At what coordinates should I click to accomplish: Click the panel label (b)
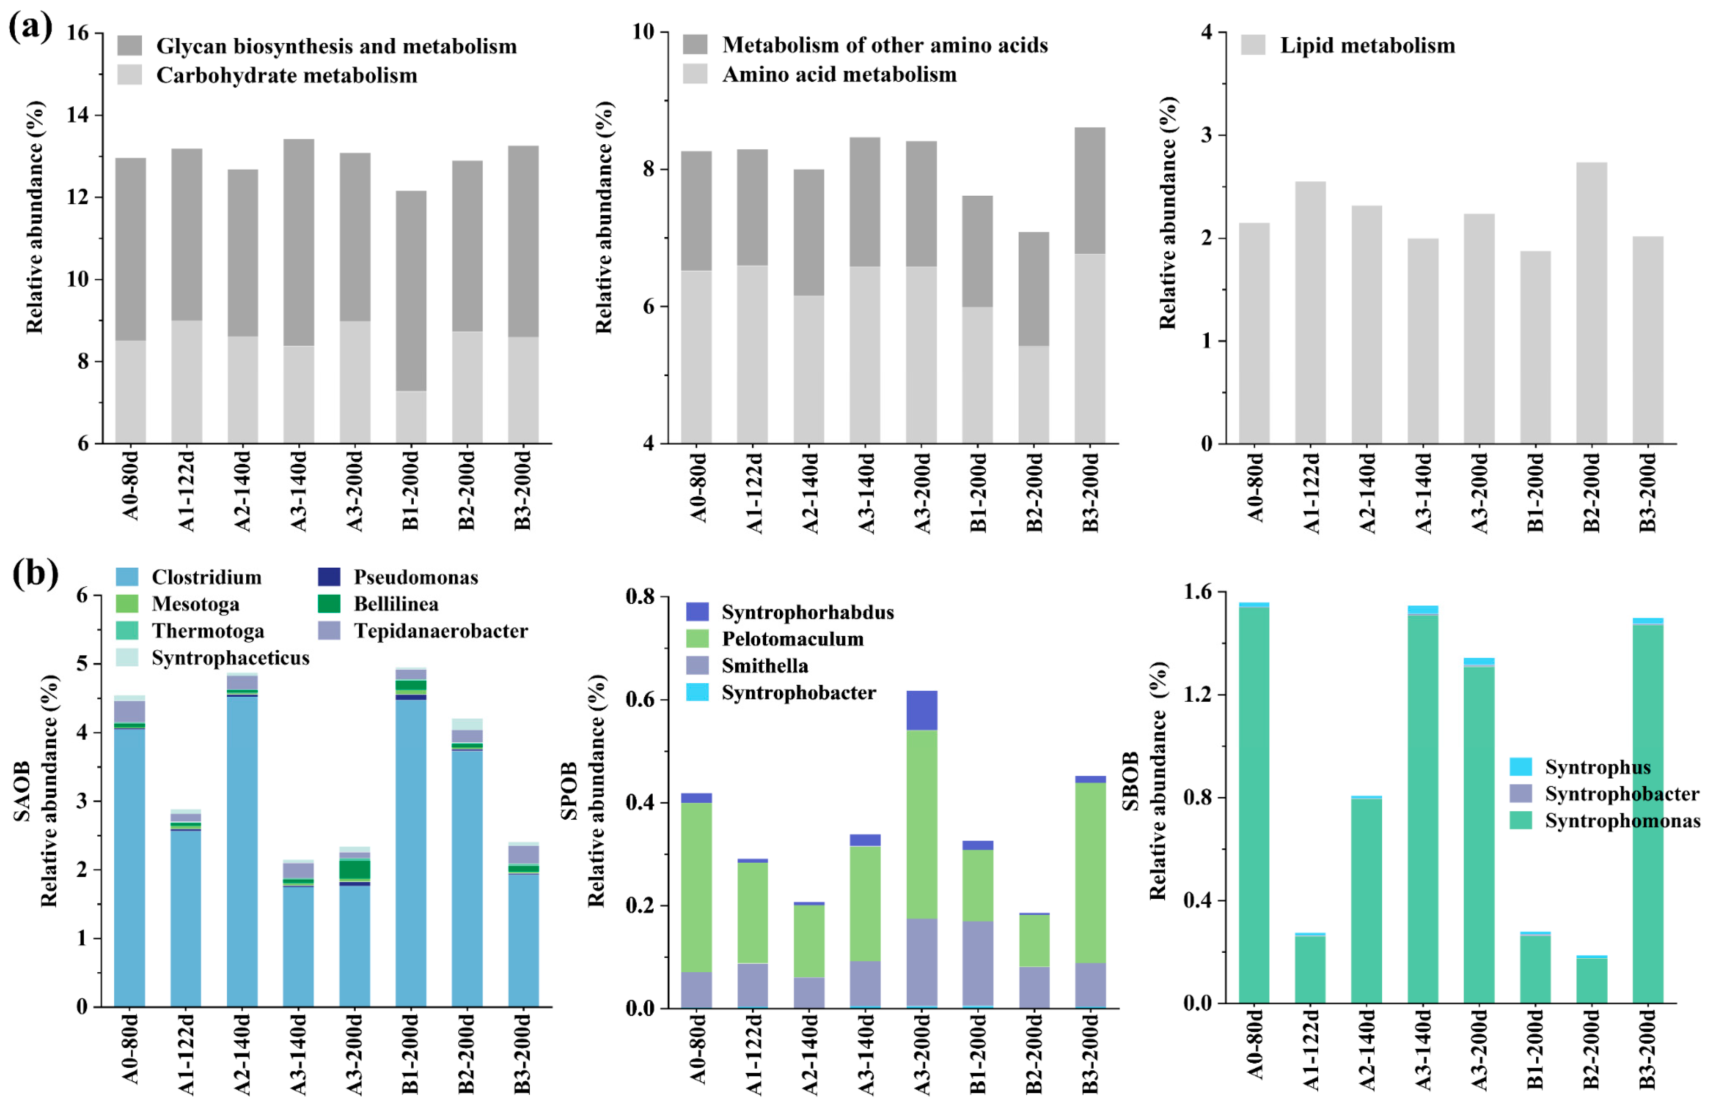[34, 574]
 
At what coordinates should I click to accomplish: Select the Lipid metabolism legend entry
[1367, 45]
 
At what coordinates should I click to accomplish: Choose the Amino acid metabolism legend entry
[839, 74]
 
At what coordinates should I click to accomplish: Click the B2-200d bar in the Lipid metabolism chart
[1591, 302]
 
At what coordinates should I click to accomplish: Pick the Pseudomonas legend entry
[415, 577]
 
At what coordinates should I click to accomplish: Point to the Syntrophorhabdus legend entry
[807, 612]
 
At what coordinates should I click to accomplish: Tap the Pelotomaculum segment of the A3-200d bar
[922, 824]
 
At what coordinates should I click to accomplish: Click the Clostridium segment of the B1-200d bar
[411, 853]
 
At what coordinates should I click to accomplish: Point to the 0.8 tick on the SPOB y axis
[640, 597]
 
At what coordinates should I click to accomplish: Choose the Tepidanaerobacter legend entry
[440, 631]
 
